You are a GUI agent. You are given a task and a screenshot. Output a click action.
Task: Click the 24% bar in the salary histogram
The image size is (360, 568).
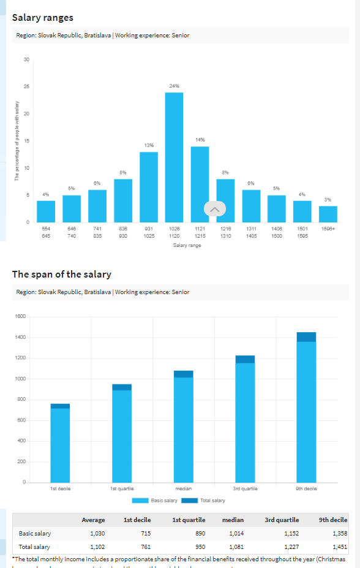(x=174, y=157)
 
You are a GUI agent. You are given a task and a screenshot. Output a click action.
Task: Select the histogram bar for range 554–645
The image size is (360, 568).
(x=46, y=211)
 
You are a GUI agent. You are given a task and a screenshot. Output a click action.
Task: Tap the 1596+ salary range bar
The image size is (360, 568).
(x=328, y=214)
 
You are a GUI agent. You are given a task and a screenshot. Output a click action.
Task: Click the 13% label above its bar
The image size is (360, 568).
(x=149, y=145)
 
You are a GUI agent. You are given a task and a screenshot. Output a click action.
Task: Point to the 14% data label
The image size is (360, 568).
(x=200, y=140)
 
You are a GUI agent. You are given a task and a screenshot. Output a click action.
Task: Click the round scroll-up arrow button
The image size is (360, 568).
(x=214, y=209)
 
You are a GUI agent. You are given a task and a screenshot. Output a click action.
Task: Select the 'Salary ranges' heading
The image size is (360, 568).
(x=43, y=18)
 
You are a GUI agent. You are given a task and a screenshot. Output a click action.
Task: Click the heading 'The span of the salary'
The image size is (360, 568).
(x=62, y=274)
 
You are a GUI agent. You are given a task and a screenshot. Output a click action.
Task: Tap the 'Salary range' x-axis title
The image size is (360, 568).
(x=187, y=246)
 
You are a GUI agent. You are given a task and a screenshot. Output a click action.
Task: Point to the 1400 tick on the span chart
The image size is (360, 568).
(x=20, y=337)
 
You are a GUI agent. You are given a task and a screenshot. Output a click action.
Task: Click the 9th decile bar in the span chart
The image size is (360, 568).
(x=306, y=411)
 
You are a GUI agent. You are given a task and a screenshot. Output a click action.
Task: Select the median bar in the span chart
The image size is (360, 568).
(x=183, y=429)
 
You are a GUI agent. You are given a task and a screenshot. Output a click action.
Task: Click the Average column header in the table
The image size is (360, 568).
(x=93, y=520)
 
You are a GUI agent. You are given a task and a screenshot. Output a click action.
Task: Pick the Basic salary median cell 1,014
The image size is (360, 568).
(x=236, y=534)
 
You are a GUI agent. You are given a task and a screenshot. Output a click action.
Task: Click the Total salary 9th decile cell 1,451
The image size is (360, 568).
(x=339, y=547)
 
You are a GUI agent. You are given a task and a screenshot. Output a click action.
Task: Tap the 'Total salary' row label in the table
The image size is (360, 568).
(x=34, y=547)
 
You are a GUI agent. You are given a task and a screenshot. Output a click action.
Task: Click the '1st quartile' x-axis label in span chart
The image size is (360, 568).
(x=121, y=488)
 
